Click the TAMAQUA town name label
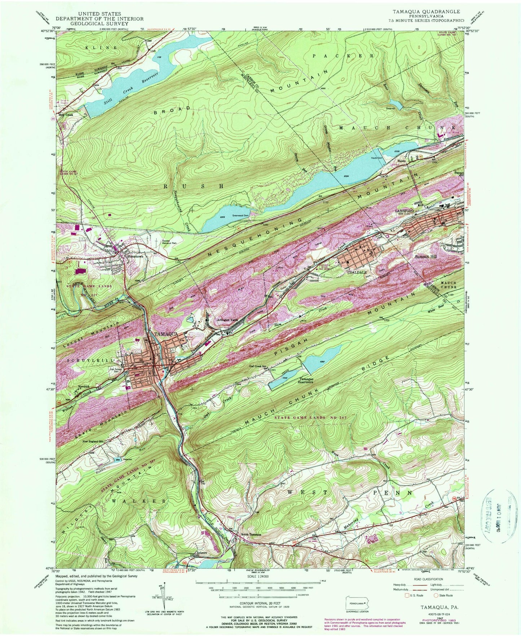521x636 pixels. coord(166,334)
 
